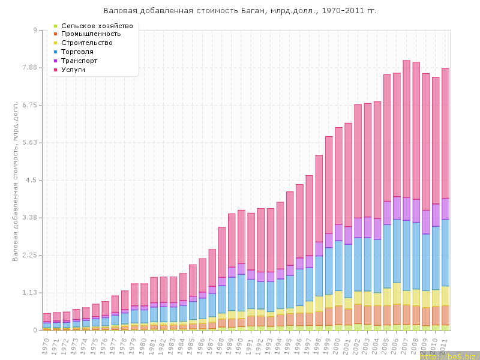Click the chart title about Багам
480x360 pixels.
(x=241, y=11)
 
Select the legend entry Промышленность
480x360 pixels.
(x=94, y=34)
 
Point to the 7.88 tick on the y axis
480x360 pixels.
(x=28, y=68)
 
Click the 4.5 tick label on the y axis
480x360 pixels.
(x=31, y=180)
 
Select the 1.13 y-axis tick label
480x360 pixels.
(x=28, y=293)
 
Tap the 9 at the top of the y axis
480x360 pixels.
(x=35, y=30)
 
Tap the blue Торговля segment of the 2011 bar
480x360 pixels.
(x=445, y=252)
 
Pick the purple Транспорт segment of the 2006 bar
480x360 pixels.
(x=397, y=208)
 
